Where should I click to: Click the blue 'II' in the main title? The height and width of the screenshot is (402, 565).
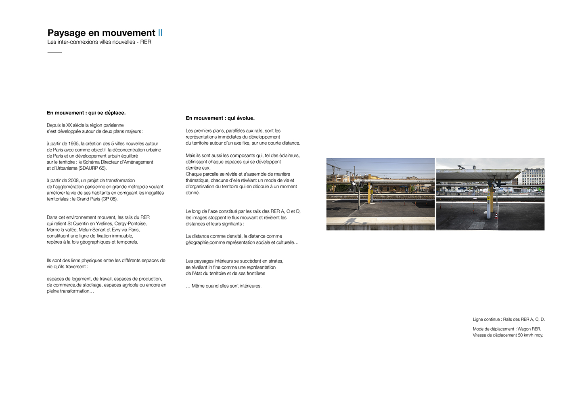(160, 33)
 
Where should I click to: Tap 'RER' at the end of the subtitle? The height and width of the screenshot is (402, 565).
(146, 42)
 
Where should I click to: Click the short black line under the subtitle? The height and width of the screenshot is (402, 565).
(54, 52)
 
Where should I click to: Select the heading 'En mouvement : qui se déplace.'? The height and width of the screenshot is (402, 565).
(86, 113)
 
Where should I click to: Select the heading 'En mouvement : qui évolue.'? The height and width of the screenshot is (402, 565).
(220, 118)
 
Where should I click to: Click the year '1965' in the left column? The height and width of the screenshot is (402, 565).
(73, 143)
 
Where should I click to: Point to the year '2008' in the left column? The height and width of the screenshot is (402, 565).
(73, 180)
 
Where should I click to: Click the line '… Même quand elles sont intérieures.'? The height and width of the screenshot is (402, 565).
(224, 286)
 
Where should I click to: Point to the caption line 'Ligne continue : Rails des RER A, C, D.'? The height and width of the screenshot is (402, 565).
(508, 319)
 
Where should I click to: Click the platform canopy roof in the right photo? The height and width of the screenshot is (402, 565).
(476, 174)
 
